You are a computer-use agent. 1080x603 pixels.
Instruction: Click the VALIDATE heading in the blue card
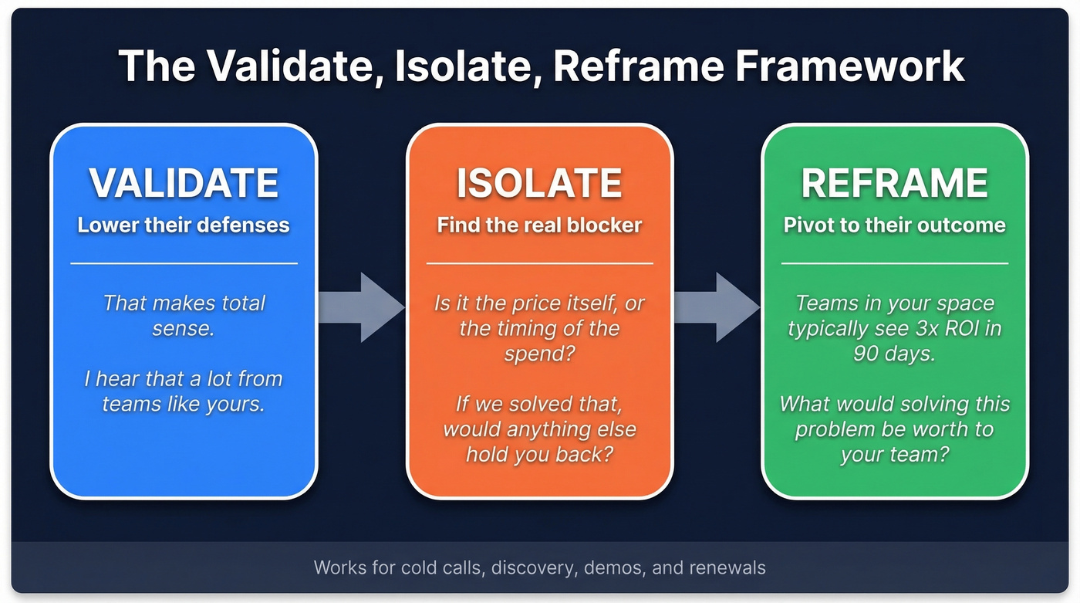[x=184, y=183]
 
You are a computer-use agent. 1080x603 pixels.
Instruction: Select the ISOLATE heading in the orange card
[x=539, y=183]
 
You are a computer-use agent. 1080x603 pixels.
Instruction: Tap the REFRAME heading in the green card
[x=895, y=183]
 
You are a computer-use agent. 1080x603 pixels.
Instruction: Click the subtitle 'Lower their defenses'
[x=184, y=225]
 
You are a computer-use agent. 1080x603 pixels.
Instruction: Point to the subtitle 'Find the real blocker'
[x=539, y=225]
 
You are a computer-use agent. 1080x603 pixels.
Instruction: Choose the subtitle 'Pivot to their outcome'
[x=895, y=225]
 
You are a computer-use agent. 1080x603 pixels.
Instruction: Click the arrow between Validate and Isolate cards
[x=361, y=307]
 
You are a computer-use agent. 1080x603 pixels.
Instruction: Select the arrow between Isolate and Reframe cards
[x=717, y=307]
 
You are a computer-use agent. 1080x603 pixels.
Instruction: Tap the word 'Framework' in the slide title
[x=849, y=66]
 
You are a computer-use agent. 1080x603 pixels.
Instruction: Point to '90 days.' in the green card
[x=895, y=353]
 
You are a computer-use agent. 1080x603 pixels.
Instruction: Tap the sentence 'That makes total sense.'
[x=184, y=316]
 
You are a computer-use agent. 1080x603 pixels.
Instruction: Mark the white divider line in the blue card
[x=184, y=263]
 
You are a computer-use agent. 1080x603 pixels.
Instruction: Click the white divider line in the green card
[x=895, y=263]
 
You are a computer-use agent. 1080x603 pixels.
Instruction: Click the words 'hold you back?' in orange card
[x=539, y=453]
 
